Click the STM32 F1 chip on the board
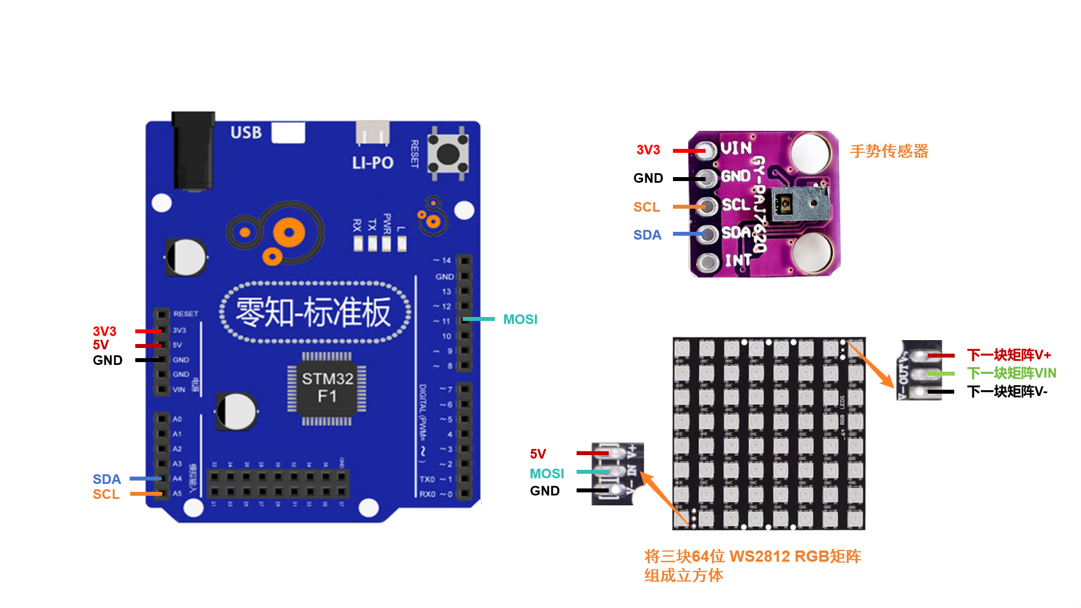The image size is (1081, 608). [326, 387]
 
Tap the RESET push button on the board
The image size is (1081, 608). [448, 153]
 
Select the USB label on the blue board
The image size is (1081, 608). [246, 133]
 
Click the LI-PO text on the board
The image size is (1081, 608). [373, 163]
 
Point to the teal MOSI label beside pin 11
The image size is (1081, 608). [520, 320]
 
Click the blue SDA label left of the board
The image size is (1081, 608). [107, 479]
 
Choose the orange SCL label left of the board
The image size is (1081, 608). [106, 495]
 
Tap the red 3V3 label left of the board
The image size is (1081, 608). [104, 331]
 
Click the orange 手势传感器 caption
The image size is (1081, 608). [889, 151]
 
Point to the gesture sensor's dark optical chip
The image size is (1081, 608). [783, 204]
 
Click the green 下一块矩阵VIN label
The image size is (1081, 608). [1011, 373]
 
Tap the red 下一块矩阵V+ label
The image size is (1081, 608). [1009, 355]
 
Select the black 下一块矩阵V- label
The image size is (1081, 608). [1007, 391]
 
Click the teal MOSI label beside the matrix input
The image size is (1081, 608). [546, 474]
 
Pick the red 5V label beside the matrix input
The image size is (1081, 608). [538, 454]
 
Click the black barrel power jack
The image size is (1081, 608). [193, 151]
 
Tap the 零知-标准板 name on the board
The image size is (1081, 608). [313, 312]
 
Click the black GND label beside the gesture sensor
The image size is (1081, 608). [648, 178]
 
